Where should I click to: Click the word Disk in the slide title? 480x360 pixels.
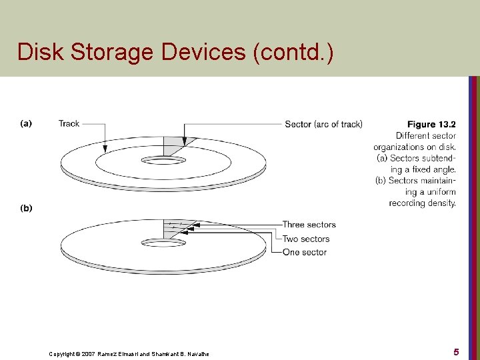tap(37, 51)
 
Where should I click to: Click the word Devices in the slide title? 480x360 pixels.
tap(201, 51)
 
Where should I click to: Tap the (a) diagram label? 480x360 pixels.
tap(26, 123)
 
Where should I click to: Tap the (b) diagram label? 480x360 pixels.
tap(26, 208)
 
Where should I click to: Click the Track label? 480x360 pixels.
tap(69, 123)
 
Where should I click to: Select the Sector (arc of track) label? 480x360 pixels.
tap(323, 124)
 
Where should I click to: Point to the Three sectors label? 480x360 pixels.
tap(309, 225)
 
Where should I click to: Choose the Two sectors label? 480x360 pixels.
tap(305, 239)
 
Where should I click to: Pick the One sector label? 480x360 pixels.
tap(305, 252)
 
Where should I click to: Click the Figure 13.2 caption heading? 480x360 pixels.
tap(431, 124)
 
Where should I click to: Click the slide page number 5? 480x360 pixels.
tap(456, 351)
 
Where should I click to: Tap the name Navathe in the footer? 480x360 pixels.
tap(196, 353)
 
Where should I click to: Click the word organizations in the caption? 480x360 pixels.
tap(409, 147)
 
